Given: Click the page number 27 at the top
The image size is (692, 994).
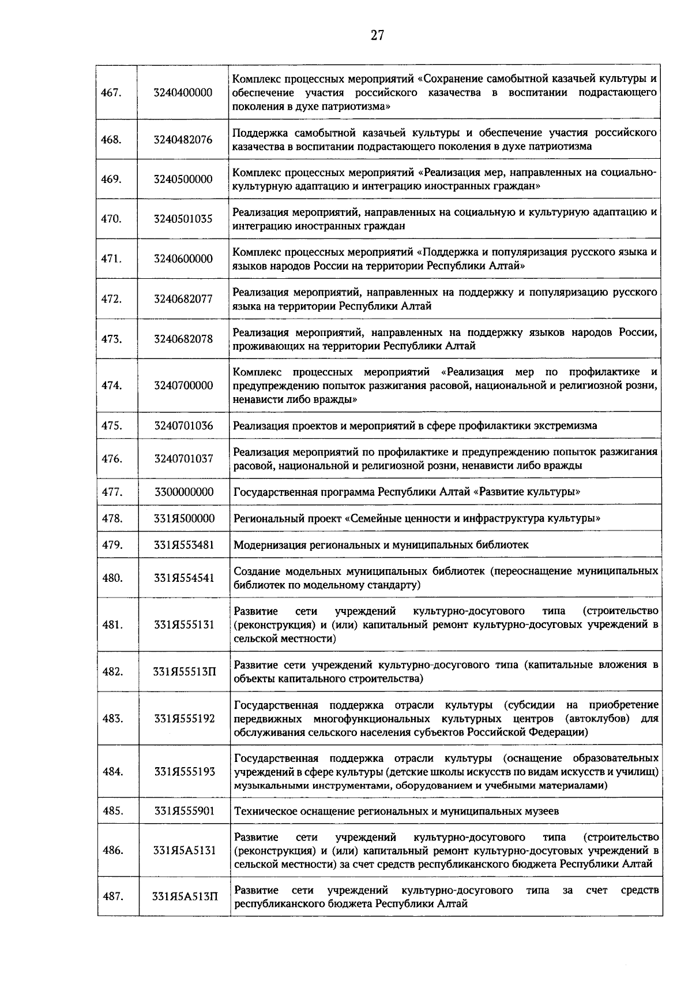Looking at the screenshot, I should click(x=377, y=36).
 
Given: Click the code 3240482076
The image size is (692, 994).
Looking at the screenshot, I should click(x=183, y=140).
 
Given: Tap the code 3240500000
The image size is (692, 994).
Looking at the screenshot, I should click(x=183, y=180).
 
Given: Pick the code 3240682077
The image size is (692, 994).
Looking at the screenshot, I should click(x=183, y=299).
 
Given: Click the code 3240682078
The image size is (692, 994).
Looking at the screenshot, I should click(x=183, y=339).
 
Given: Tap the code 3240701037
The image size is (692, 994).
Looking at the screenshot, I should click(x=183, y=459).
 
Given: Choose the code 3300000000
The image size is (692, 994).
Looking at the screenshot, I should click(x=184, y=492).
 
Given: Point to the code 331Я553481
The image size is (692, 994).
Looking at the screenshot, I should click(x=184, y=545).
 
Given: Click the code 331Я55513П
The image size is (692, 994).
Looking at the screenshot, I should click(x=184, y=672).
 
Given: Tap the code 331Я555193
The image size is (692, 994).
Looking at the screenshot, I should click(x=184, y=772).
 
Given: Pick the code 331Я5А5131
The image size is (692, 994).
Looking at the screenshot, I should click(x=184, y=850).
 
